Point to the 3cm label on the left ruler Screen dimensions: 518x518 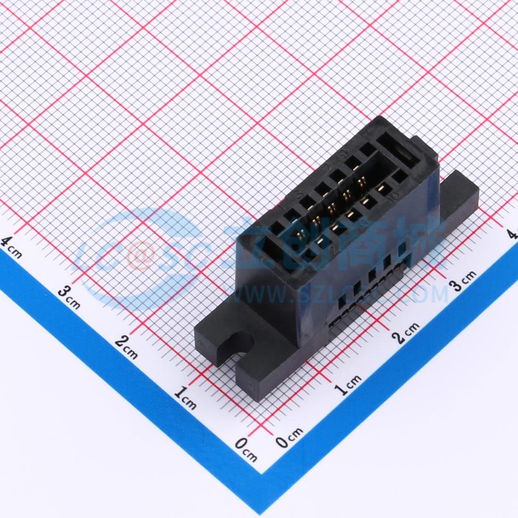(69, 297)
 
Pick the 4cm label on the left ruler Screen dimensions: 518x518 (11, 247)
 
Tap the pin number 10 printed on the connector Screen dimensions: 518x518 (392, 197)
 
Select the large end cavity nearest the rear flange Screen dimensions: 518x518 (395, 150)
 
